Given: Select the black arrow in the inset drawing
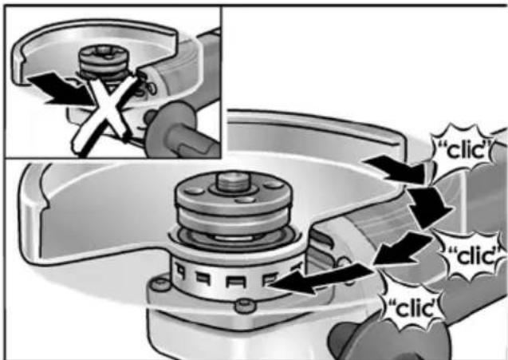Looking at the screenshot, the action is coord(62,90).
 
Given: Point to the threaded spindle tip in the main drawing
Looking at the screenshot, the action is coord(233,182).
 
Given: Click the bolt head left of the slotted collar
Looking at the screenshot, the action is coord(161,285).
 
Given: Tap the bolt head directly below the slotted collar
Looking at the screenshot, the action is coord(246,306).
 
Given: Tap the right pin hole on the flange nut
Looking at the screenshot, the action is coord(274,184).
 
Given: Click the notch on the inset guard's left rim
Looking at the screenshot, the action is coord(23,60).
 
